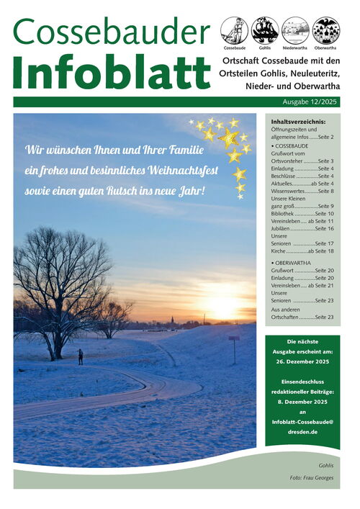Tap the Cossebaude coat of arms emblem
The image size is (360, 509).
click(233, 30)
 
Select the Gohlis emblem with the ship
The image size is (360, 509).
click(265, 30)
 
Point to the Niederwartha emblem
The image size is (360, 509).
click(296, 30)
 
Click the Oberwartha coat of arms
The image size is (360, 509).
click(327, 30)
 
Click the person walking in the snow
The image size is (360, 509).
click(81, 356)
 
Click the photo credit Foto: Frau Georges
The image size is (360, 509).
click(311, 478)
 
